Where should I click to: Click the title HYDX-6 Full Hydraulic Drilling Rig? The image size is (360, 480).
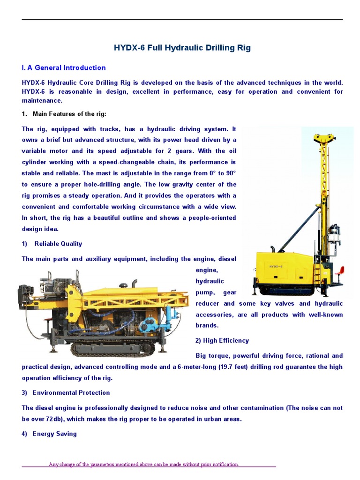click(182, 48)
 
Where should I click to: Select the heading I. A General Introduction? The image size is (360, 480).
click(64, 67)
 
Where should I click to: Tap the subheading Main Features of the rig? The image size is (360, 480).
click(69, 113)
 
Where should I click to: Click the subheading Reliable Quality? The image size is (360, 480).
click(58, 244)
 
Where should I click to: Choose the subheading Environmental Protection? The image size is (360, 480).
click(71, 393)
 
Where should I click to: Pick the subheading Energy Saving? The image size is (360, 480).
click(54, 434)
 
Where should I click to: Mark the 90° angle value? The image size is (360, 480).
click(229, 173)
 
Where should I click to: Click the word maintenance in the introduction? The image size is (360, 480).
click(42, 100)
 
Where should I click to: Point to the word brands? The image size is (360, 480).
click(207, 325)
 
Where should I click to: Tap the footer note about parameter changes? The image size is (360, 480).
click(144, 465)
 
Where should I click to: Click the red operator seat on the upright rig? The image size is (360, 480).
click(340, 271)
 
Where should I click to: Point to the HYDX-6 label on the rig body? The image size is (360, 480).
click(276, 266)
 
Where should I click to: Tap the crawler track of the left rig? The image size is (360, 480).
click(112, 348)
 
